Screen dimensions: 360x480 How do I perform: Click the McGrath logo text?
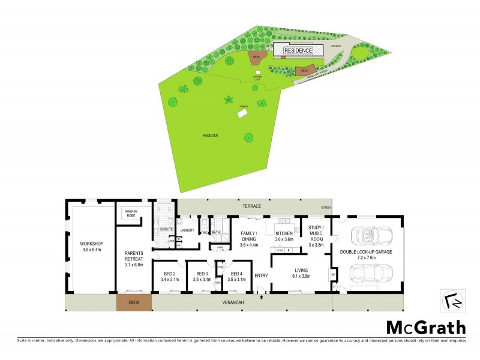425,328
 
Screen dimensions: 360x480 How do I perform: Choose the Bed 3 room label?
202,275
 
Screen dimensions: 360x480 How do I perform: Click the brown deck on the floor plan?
133,303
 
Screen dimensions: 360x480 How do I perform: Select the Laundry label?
187,230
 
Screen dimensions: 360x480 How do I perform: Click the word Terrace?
251,206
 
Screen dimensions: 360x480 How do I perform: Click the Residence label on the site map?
298,50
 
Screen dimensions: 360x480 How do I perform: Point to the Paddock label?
210,136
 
